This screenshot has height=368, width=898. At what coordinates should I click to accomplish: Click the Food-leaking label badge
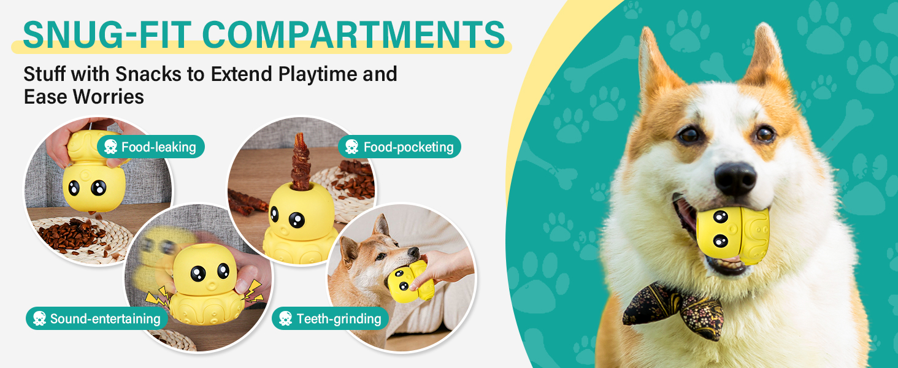tap(151, 147)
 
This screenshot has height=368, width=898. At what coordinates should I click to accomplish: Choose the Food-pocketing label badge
tap(400, 147)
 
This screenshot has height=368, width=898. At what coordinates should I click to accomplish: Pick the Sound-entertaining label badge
tap(97, 318)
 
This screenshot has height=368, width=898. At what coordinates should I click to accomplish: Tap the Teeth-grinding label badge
tap(331, 318)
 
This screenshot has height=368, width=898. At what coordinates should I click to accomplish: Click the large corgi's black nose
tap(735, 179)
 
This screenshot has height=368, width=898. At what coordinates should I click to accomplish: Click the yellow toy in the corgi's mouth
tap(733, 235)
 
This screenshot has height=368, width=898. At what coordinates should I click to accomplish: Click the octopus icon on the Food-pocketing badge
tap(351, 147)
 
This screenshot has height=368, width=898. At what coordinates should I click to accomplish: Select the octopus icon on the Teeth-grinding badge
tap(285, 319)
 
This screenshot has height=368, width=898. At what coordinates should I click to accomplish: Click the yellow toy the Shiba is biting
tap(410, 281)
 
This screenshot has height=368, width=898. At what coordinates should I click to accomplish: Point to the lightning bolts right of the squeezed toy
tap(252, 291)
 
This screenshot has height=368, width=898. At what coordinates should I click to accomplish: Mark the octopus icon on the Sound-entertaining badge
tap(39, 319)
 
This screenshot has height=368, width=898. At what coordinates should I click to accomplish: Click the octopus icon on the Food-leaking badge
tap(110, 147)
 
